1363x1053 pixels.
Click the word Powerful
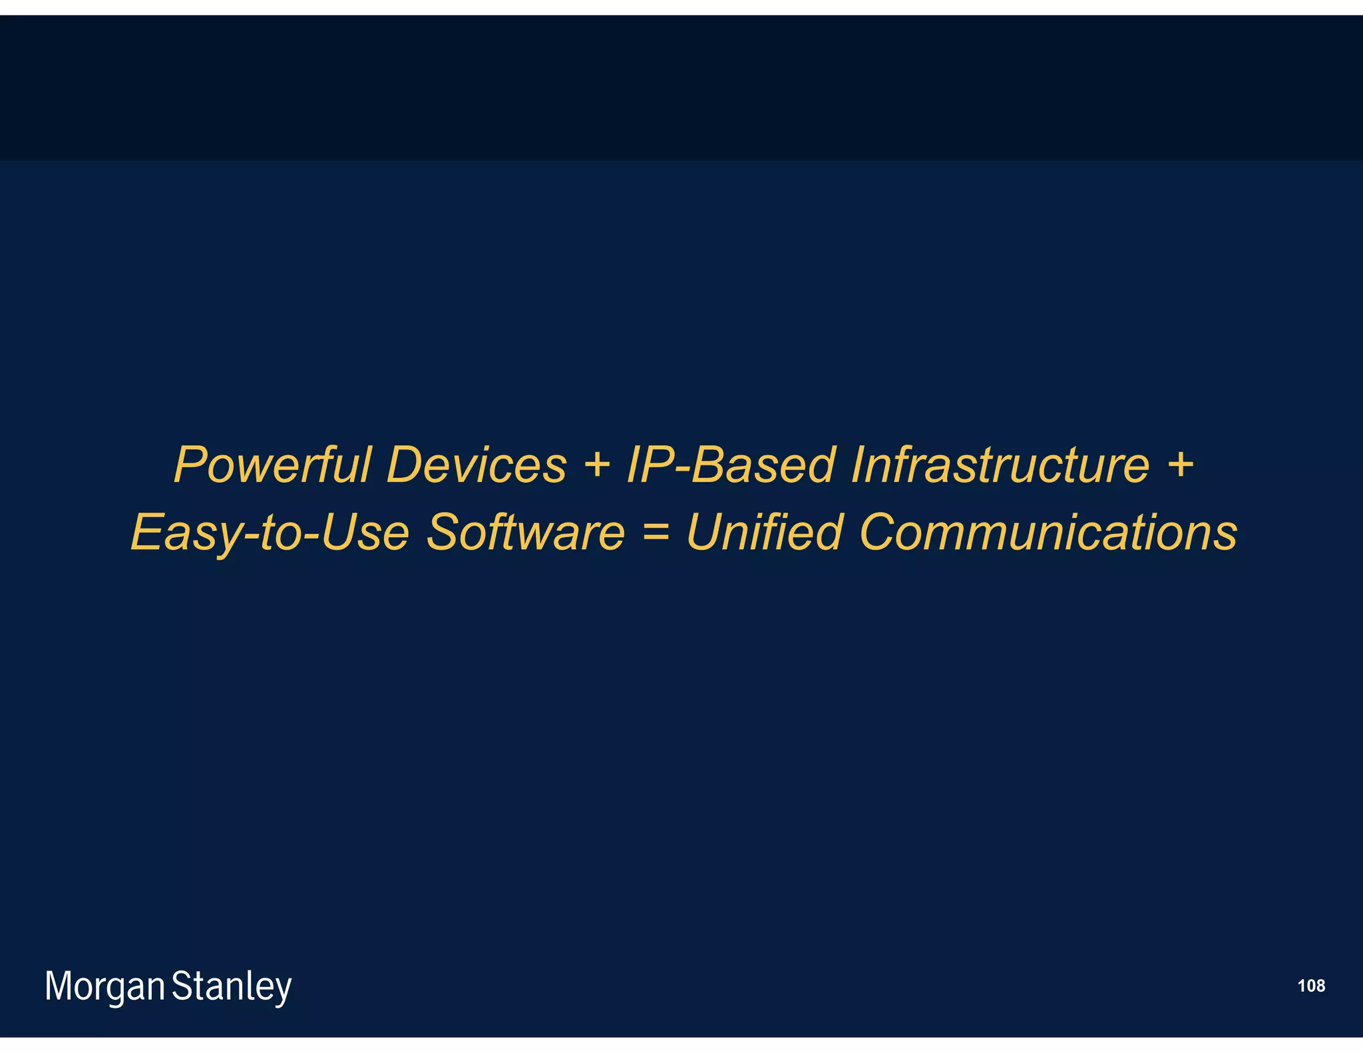coord(272,465)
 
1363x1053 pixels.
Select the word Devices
coord(476,465)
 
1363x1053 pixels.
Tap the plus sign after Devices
coord(597,464)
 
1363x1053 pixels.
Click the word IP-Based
coord(731,465)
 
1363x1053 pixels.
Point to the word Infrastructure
coord(1000,465)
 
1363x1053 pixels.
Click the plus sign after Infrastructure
coord(1181,464)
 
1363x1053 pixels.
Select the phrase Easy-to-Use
coord(270,532)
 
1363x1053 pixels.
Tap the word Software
coord(526,532)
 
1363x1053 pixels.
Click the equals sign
coord(656,532)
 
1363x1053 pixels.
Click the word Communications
coord(1048,532)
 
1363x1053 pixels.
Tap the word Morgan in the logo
coord(104,986)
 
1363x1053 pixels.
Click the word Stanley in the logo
coord(232,986)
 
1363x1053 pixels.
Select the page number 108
coord(1311,986)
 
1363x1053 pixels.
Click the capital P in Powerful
coord(190,465)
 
